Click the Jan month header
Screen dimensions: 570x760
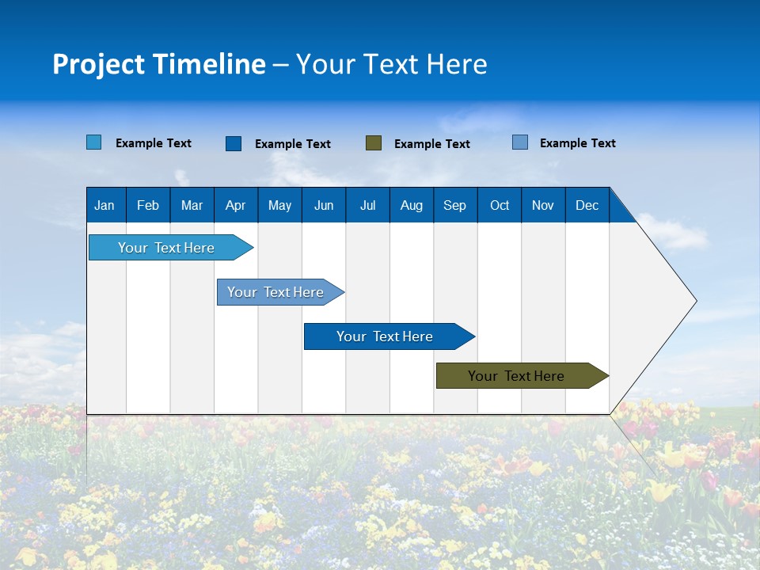[x=104, y=205]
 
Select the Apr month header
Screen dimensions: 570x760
[x=235, y=205]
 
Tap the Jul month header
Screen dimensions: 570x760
[x=367, y=205]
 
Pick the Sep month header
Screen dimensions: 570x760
[x=454, y=205]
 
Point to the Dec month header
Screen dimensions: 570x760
[x=587, y=205]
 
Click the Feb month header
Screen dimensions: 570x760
[x=148, y=205]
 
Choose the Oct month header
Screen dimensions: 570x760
[x=500, y=205]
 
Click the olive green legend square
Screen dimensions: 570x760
[x=374, y=143]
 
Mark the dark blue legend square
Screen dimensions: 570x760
[x=234, y=143]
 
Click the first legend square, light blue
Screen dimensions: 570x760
[x=93, y=142]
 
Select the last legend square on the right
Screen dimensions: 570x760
[x=520, y=142]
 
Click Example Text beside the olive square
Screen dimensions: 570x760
[x=431, y=144]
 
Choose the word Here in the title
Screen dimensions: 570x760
[x=456, y=64]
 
